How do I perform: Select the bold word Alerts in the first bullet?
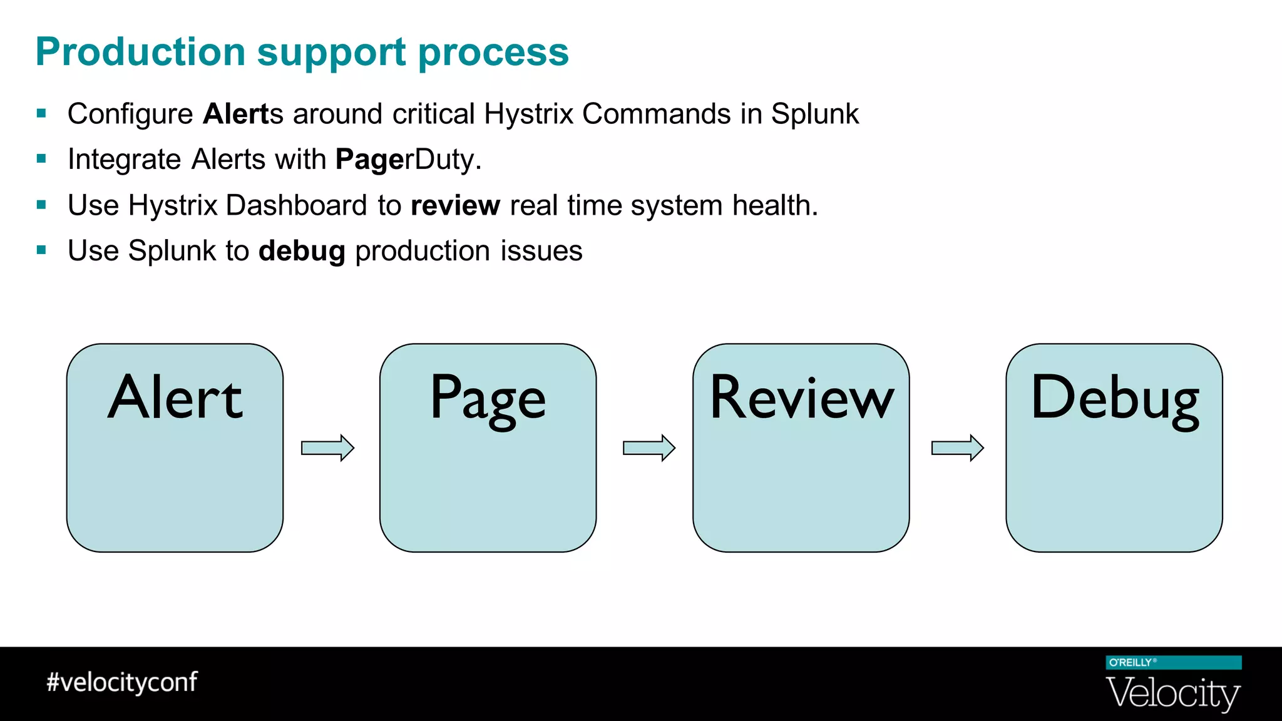click(x=243, y=114)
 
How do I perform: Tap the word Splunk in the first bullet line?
click(x=814, y=114)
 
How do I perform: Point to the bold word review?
click(x=455, y=205)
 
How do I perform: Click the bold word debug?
click(x=302, y=251)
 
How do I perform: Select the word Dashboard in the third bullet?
click(x=296, y=205)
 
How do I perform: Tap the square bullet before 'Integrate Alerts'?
click(x=42, y=159)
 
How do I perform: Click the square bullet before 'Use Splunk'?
click(x=42, y=250)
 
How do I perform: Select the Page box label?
click(x=488, y=399)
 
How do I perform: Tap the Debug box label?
click(x=1114, y=399)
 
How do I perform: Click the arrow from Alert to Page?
click(x=328, y=447)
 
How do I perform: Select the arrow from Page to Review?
click(x=649, y=447)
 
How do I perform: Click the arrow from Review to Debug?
click(x=958, y=447)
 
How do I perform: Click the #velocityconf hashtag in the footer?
click(x=122, y=682)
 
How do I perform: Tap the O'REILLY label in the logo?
click(x=1131, y=662)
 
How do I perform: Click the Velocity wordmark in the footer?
click(x=1173, y=693)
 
